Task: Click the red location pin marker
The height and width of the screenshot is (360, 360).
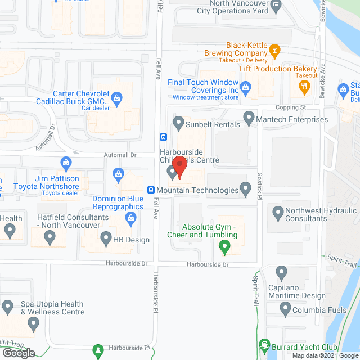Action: [x=179, y=166]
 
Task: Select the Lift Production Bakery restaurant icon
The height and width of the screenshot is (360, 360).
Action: [x=304, y=86]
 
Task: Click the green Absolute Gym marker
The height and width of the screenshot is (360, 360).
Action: [x=224, y=246]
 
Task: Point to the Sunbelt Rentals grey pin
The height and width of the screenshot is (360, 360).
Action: [x=179, y=121]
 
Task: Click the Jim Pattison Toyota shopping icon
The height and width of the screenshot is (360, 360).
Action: [x=66, y=164]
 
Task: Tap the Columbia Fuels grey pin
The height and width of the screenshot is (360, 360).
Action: [x=285, y=308]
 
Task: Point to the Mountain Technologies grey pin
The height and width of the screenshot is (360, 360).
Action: [x=245, y=188]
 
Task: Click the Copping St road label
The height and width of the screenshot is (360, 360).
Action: [x=290, y=107]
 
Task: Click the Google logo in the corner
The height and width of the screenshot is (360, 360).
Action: [x=18, y=353]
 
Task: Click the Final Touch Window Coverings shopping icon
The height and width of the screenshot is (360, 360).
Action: [x=245, y=87]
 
